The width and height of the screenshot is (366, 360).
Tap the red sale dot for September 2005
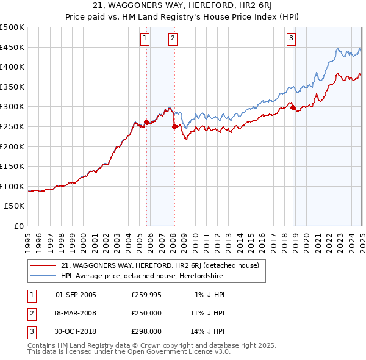pyautogui.click(x=146, y=122)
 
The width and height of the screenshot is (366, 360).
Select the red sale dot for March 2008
pyautogui.click(x=175, y=126)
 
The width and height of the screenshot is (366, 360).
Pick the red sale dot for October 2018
pyautogui.click(x=293, y=107)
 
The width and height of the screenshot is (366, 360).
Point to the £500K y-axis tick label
pyautogui.click(x=12, y=27)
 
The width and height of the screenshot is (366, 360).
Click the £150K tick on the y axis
pyautogui.click(x=12, y=167)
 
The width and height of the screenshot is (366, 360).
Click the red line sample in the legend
pyautogui.click(x=43, y=265)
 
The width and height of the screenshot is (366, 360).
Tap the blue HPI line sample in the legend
pyautogui.click(x=43, y=276)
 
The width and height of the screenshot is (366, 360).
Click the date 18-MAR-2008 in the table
pyautogui.click(x=76, y=313)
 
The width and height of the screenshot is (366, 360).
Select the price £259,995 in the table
pyautogui.click(x=147, y=295)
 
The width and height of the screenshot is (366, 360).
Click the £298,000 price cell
pyautogui.click(x=147, y=331)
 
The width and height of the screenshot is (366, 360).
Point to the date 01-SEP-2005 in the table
pyautogui.click(x=76, y=295)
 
